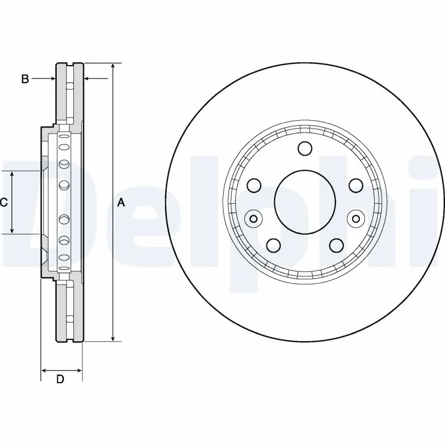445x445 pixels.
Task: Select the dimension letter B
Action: (x=24, y=79)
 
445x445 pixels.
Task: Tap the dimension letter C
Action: (x=3, y=202)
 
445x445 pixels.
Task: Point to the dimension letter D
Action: (x=61, y=379)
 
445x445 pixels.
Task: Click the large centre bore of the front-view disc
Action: (x=305, y=201)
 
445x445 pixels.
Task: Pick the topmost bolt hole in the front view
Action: (x=305, y=149)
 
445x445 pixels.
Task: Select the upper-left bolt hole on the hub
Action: (x=255, y=185)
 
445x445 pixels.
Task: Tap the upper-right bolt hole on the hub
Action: (x=355, y=185)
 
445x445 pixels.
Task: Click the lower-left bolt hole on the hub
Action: (x=274, y=245)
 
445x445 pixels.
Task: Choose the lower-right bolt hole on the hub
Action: (x=336, y=245)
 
